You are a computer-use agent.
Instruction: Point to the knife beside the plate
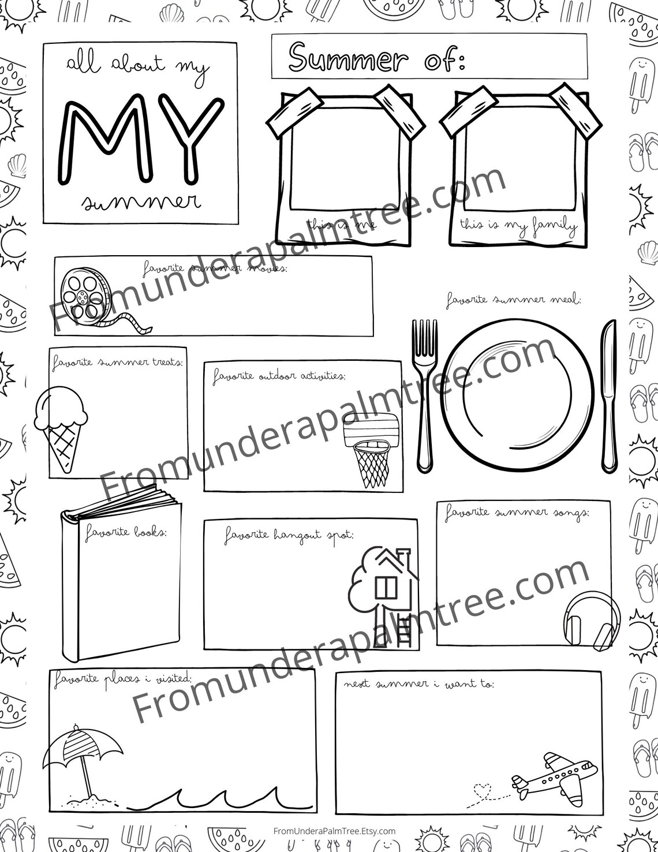pos(608,395)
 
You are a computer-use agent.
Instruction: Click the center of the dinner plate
pos(517,394)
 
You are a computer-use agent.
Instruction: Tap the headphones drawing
pos(591,620)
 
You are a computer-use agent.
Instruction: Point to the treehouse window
pos(385,588)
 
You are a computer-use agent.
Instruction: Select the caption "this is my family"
pos(518,225)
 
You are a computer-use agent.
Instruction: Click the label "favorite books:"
pos(126,532)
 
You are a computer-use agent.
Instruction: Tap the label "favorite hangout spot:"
pos(289,536)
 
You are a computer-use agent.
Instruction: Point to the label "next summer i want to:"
pos(418,684)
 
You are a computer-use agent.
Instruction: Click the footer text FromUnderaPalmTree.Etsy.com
pos(334,831)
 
